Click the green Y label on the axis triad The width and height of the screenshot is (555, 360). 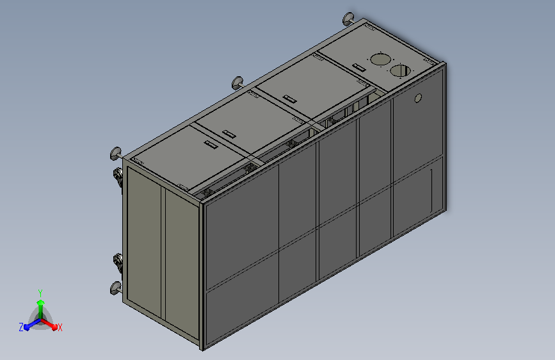[x=40, y=291]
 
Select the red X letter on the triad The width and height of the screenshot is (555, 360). [x=60, y=327]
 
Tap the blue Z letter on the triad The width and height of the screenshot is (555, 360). [x=21, y=327]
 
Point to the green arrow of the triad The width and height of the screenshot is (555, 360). [x=40, y=305]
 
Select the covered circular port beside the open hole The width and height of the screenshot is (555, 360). [x=379, y=60]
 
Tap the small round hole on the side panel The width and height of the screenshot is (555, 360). [x=419, y=98]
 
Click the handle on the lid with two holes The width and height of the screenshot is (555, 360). [x=357, y=66]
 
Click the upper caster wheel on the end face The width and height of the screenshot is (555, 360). [x=119, y=177]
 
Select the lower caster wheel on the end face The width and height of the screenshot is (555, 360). [x=119, y=261]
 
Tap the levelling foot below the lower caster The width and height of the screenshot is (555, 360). [x=115, y=287]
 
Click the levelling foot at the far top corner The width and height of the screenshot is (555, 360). [x=350, y=18]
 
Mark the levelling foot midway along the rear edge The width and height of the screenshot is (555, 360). [x=237, y=82]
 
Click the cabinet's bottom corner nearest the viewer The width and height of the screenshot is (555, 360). [x=204, y=348]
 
